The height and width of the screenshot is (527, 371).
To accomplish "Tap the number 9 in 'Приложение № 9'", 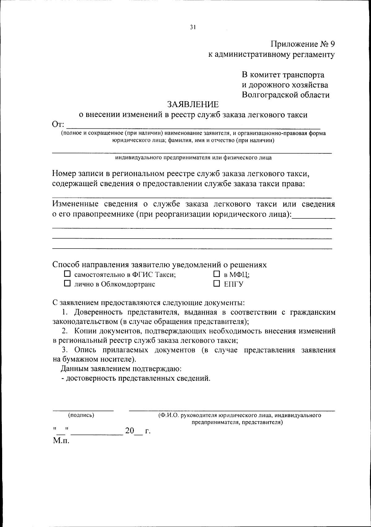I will (x=332, y=44).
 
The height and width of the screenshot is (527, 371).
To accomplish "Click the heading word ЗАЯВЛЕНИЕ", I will (x=193, y=104).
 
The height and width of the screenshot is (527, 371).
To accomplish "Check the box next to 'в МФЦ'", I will (x=217, y=274).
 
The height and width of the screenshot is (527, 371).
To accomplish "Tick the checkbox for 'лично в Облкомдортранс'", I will (x=67, y=283).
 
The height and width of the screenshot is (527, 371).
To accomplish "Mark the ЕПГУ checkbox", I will (x=217, y=283).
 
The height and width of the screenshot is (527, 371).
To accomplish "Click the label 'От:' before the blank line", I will (x=58, y=125).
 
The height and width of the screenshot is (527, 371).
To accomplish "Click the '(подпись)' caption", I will (x=81, y=415).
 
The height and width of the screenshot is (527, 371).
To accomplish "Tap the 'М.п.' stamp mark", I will (x=61, y=440).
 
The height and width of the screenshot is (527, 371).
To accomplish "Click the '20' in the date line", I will (x=130, y=430).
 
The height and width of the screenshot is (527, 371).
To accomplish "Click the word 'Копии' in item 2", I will (x=85, y=331).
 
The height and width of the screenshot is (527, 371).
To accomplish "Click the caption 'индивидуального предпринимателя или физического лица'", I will (x=194, y=158).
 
